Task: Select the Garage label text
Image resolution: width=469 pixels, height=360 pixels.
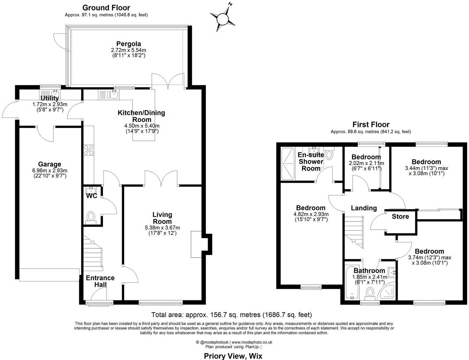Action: tap(50, 164)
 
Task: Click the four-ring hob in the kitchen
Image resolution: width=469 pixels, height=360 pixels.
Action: tap(89, 150)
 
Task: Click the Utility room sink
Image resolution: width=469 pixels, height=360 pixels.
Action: tap(55, 93)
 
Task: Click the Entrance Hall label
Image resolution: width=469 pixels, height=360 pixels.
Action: tap(100, 281)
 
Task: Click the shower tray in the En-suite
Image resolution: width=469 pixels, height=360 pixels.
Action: tap(288, 163)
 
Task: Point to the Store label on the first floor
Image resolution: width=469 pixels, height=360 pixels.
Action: tap(400, 217)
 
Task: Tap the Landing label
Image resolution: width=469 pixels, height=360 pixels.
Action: tap(364, 208)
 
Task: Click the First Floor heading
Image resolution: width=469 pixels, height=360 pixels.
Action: tap(371, 125)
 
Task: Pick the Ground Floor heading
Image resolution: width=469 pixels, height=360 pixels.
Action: tap(106, 8)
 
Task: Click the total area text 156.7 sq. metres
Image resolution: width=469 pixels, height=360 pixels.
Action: tap(232, 315)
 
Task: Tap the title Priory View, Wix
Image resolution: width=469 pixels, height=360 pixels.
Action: tap(233, 356)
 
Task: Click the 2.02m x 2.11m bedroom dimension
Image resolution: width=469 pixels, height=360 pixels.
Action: tap(366, 163)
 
